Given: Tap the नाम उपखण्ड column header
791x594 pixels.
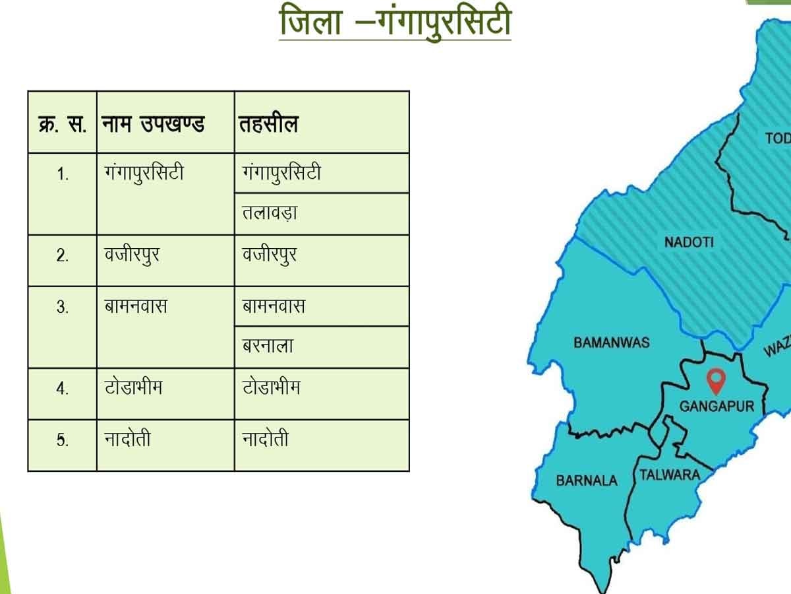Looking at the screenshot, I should pyautogui.click(x=154, y=124).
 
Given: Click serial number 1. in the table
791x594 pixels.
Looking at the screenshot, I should pyautogui.click(x=63, y=175).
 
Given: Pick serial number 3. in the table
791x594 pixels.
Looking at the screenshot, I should pyautogui.click(x=63, y=308).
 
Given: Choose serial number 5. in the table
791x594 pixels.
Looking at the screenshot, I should pyautogui.click(x=63, y=441).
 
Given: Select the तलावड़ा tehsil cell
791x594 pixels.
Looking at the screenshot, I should pyautogui.click(x=270, y=214).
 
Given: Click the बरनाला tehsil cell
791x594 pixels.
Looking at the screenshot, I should pyautogui.click(x=268, y=346).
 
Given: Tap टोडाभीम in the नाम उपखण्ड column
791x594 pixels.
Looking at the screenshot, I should pyautogui.click(x=133, y=387).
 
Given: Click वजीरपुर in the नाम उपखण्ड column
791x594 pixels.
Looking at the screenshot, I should pyautogui.click(x=132, y=255).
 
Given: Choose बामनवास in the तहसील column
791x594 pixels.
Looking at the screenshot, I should pyautogui.click(x=274, y=307).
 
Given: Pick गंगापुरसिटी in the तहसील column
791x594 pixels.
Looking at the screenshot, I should pyautogui.click(x=281, y=174).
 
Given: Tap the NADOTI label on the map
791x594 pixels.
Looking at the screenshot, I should pyautogui.click(x=689, y=242).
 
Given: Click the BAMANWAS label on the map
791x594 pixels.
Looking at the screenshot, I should pyautogui.click(x=611, y=343).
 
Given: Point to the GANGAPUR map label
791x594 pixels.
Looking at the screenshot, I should pyautogui.click(x=717, y=406).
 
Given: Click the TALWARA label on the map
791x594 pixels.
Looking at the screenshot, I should pyautogui.click(x=669, y=475).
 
